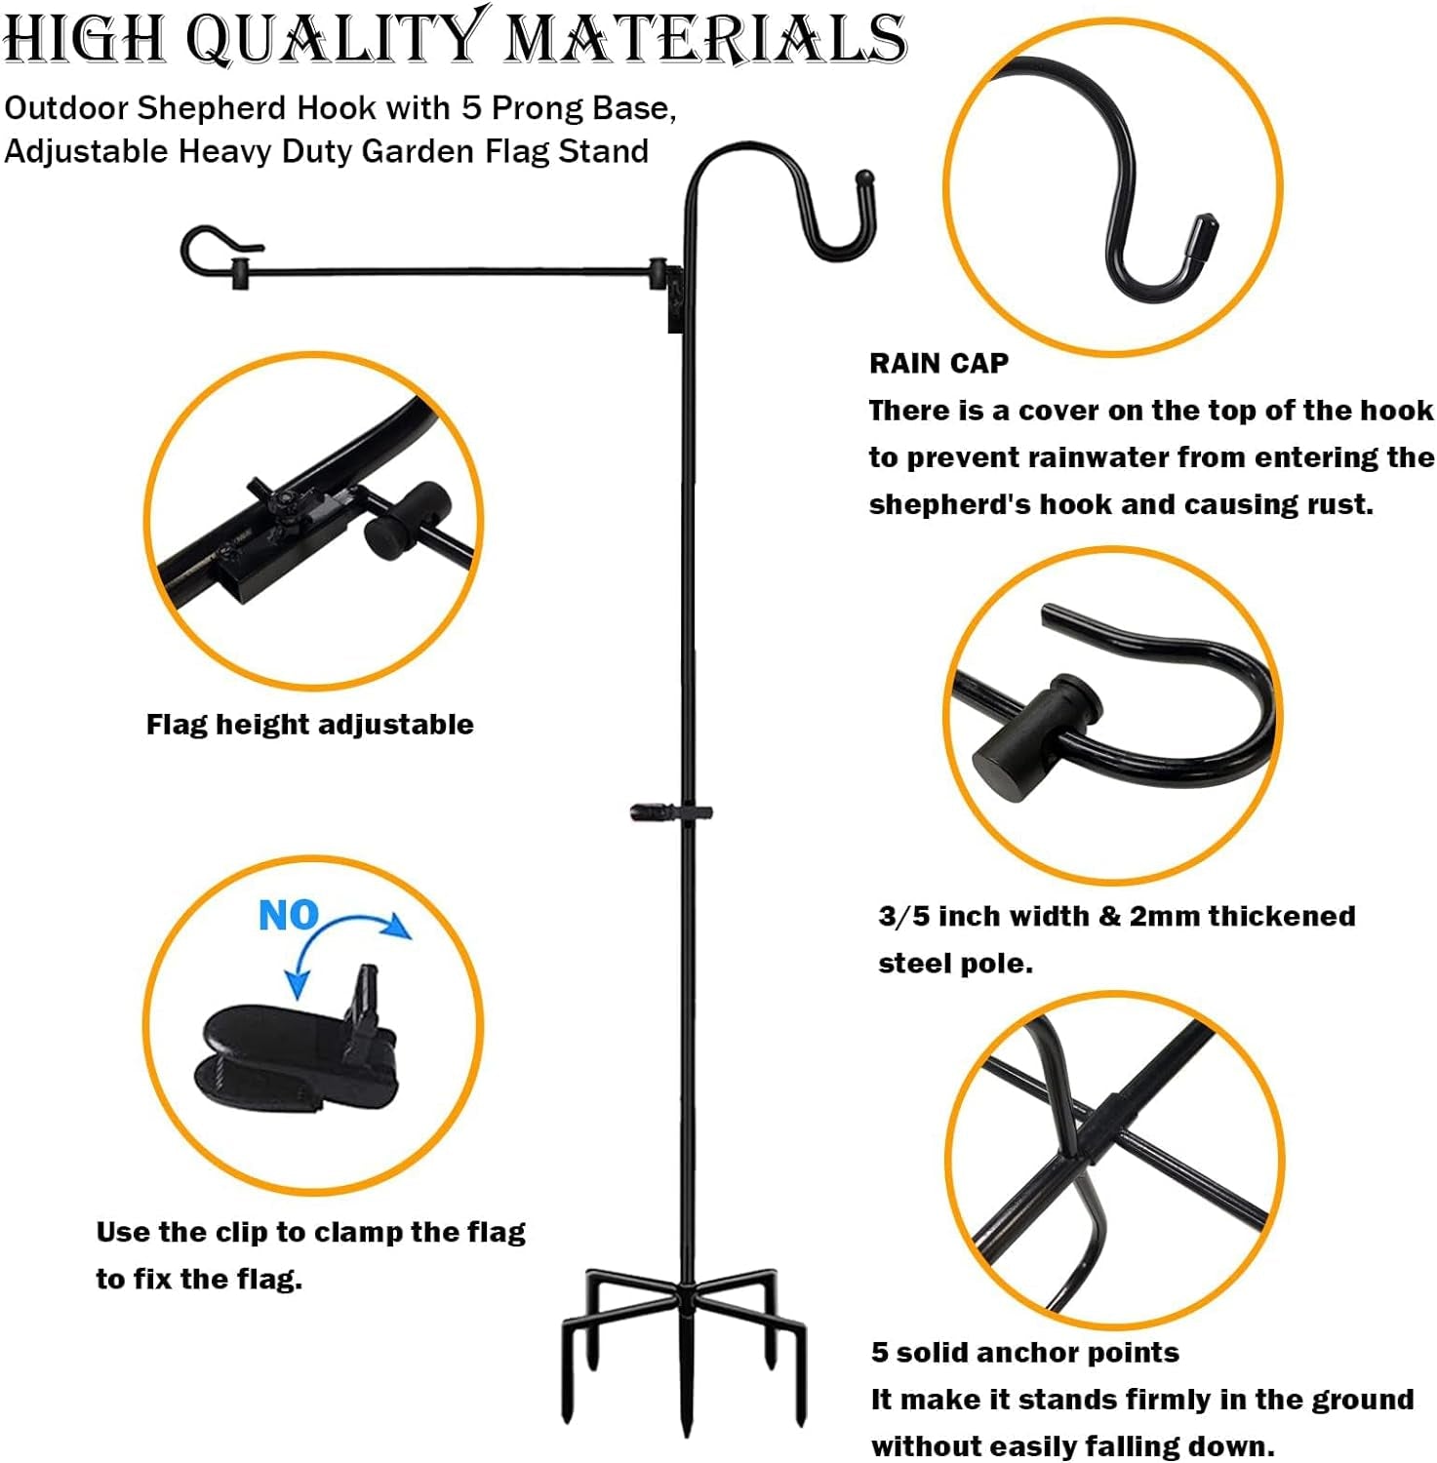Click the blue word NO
pyautogui.click(x=289, y=915)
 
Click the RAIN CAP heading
pyautogui.click(x=938, y=363)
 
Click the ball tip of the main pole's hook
pyautogui.click(x=864, y=179)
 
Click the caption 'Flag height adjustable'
pyautogui.click(x=309, y=725)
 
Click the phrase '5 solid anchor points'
pyautogui.click(x=1025, y=1353)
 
